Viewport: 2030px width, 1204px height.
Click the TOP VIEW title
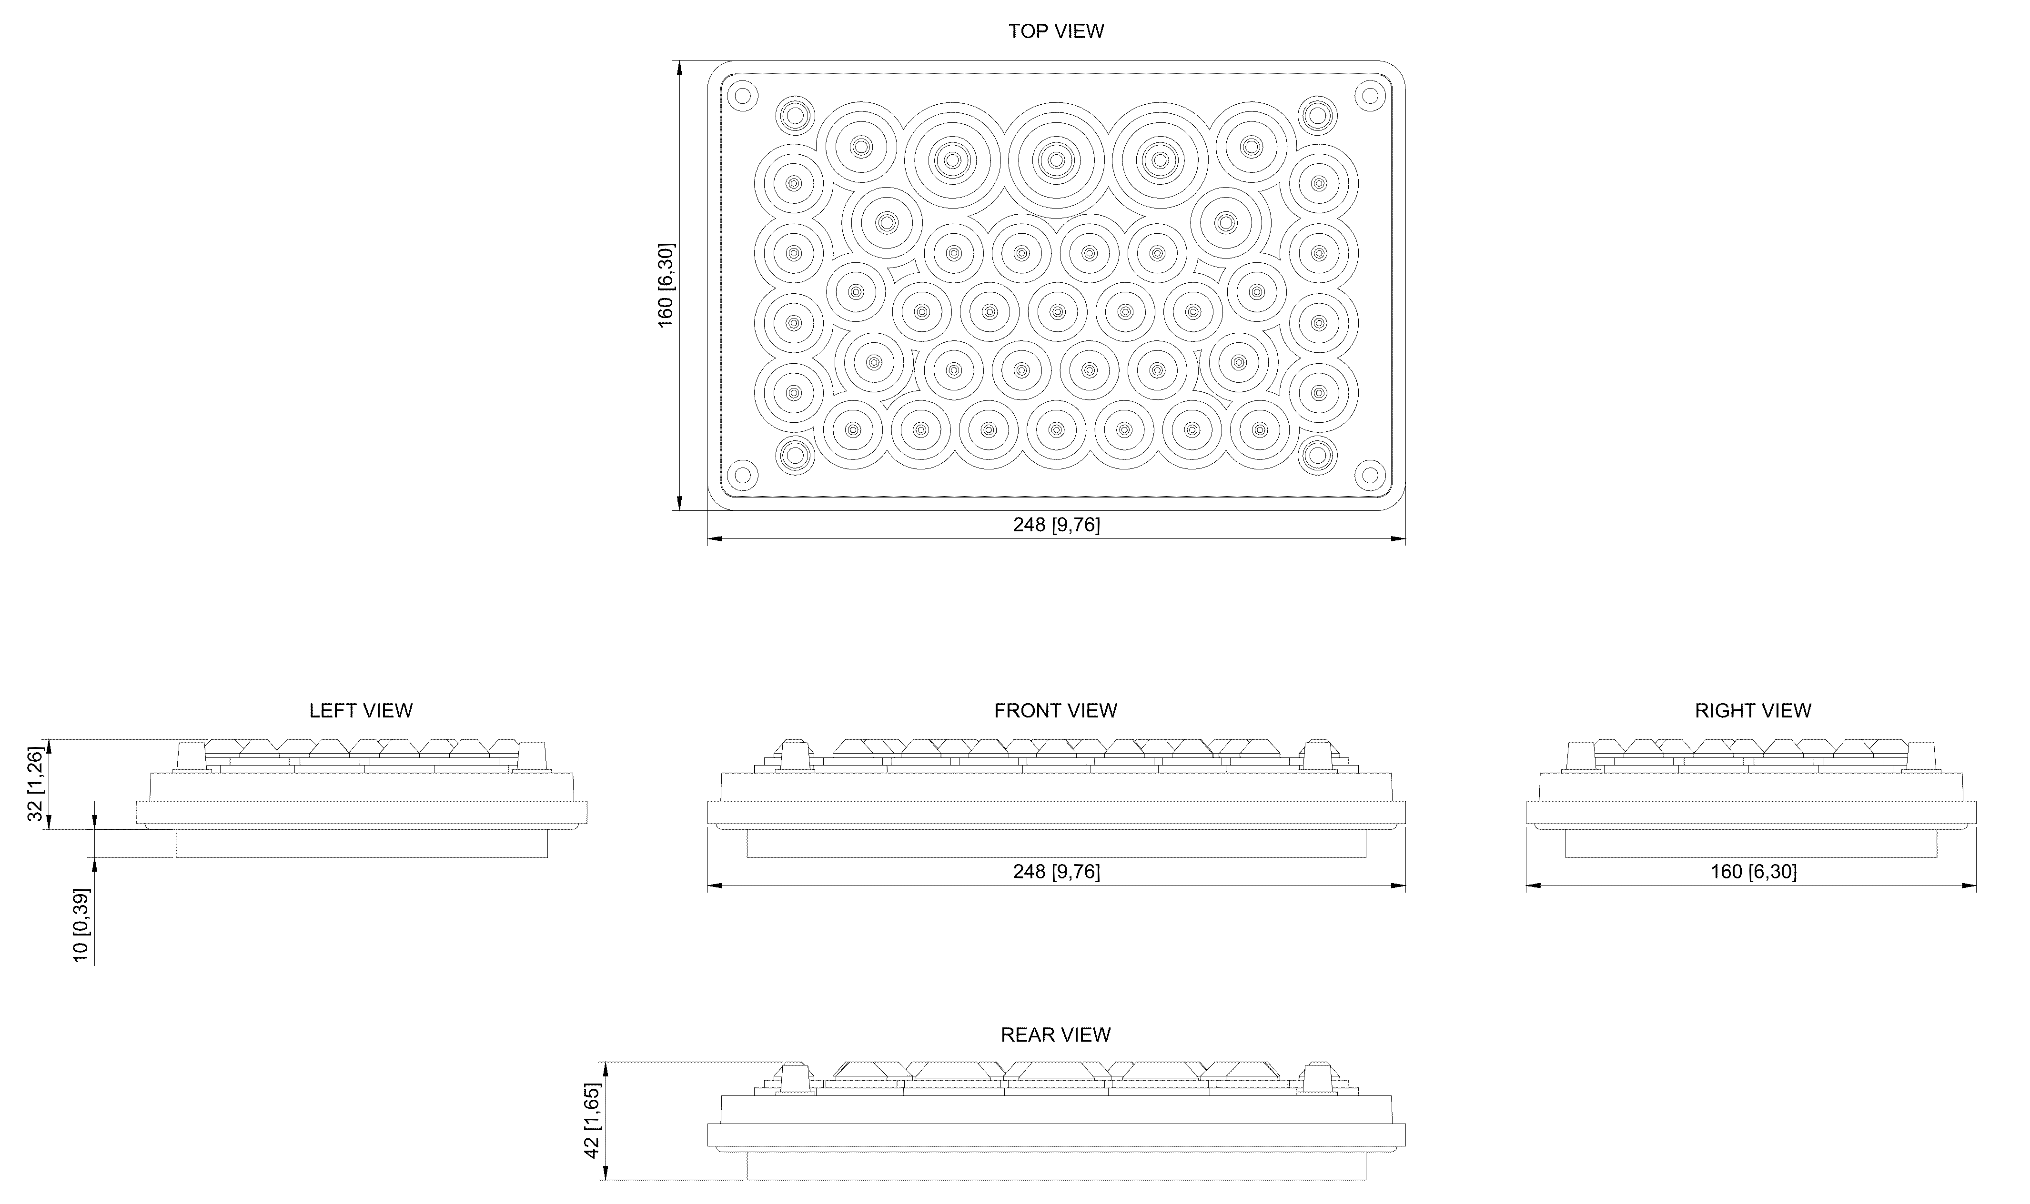pos(1056,31)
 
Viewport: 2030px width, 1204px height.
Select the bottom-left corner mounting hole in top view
pos(741,474)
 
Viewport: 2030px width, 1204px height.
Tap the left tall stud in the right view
pos(1579,757)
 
